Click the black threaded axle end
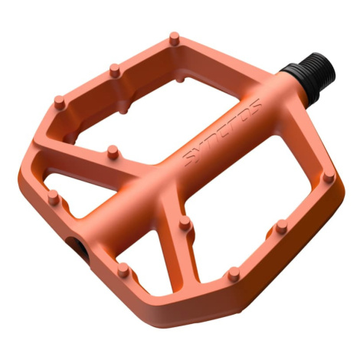[x=309, y=78]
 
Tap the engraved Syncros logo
[x=223, y=132]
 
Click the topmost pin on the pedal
[x=175, y=39]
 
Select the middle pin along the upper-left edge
[x=115, y=70]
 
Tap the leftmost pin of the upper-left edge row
[x=60, y=103]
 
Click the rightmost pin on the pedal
[x=329, y=175]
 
